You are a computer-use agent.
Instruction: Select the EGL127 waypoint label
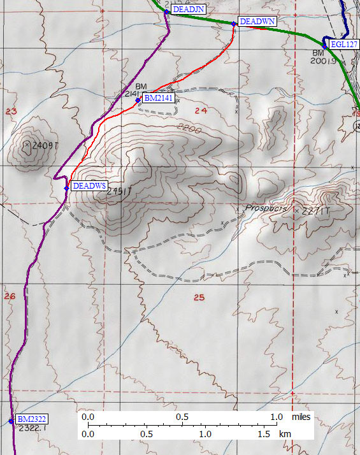(x=345, y=45)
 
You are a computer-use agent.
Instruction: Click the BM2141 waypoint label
(x=158, y=98)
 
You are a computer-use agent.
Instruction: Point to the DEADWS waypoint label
(x=89, y=186)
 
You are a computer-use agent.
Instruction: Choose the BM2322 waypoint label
(x=32, y=419)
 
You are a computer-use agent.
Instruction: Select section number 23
(x=10, y=112)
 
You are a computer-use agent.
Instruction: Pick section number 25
(x=199, y=298)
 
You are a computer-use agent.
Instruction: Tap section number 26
(x=10, y=296)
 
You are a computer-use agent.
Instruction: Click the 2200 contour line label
(x=191, y=130)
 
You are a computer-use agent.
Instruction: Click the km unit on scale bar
(x=285, y=433)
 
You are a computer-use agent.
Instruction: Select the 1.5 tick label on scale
(x=264, y=433)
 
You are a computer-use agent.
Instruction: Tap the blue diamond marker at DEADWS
(x=66, y=188)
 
